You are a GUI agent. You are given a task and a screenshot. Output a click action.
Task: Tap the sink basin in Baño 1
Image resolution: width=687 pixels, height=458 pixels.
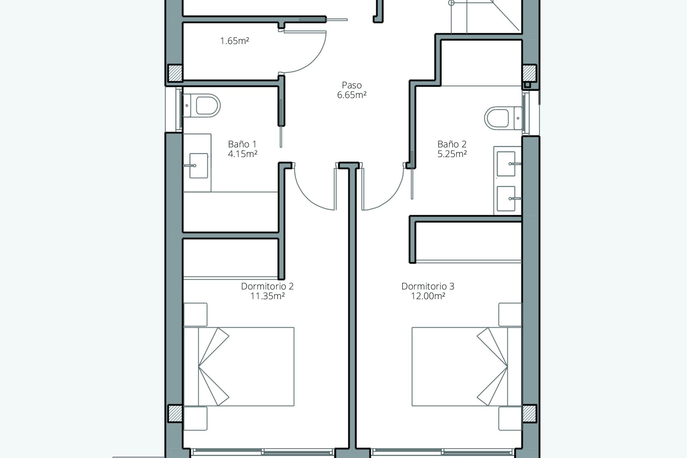[199, 166]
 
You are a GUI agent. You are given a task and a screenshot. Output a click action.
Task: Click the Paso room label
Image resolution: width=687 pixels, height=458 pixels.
[352, 85]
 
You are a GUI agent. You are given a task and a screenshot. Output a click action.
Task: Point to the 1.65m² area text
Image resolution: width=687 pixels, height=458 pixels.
[234, 41]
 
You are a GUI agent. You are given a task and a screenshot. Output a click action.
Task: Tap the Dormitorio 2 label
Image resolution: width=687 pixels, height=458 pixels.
[267, 286]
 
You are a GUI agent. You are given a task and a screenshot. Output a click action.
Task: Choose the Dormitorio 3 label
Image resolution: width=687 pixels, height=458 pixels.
[428, 286]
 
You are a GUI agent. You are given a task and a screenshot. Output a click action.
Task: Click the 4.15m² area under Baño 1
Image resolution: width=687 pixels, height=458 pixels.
[243, 154]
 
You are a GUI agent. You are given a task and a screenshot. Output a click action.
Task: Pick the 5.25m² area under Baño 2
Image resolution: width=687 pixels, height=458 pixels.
[452, 154]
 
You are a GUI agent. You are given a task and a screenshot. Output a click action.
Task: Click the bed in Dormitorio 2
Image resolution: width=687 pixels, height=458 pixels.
[239, 366]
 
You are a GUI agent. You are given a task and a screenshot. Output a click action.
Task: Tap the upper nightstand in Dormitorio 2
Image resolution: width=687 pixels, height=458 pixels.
[195, 315]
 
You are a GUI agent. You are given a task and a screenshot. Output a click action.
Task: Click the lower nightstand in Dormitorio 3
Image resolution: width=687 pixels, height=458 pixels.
[510, 418]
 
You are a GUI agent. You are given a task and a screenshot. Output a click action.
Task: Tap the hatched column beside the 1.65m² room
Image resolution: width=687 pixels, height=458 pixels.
[175, 73]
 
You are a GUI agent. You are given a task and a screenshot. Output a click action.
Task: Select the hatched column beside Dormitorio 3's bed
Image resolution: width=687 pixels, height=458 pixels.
[530, 413]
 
